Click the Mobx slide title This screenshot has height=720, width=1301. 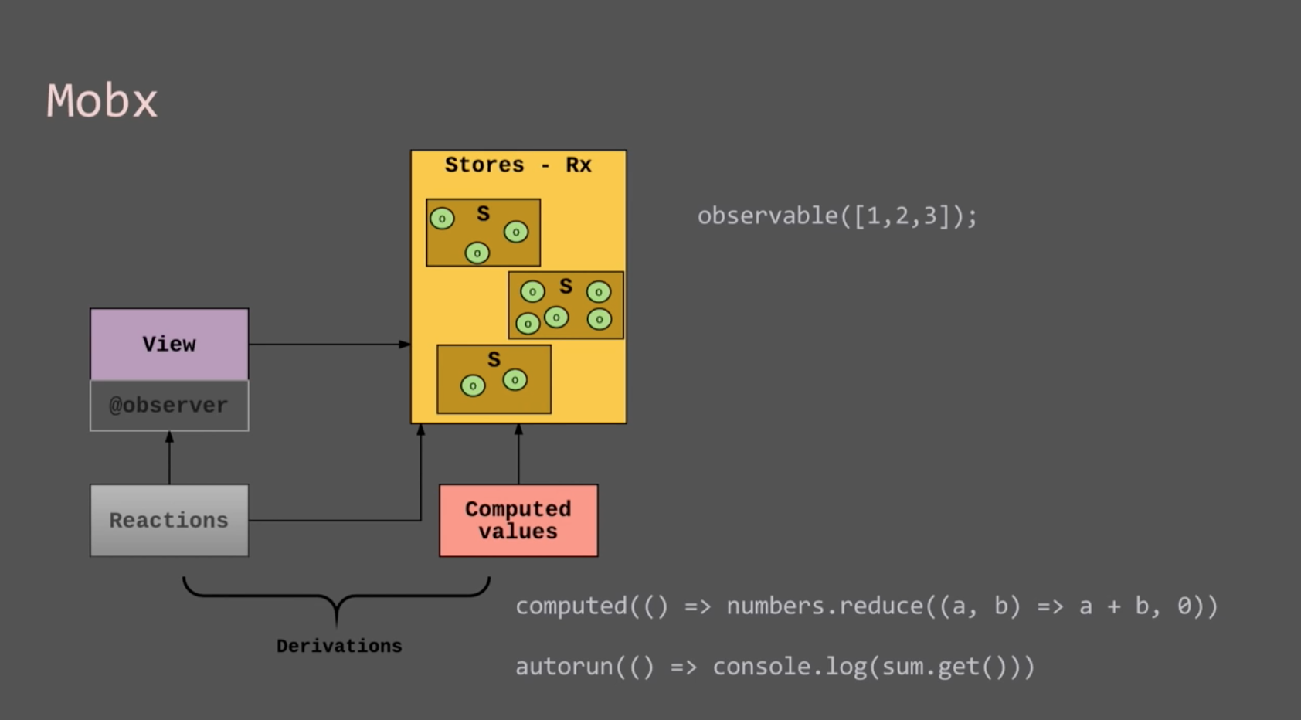coord(102,101)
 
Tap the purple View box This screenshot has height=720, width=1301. coord(169,344)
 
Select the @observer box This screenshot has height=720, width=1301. coord(169,406)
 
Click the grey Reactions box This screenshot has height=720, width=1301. coord(169,520)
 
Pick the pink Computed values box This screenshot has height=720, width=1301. coord(518,520)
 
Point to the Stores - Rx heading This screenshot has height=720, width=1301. coord(518,165)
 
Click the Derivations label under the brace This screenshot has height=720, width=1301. coord(339,646)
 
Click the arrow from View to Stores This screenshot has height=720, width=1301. coord(328,344)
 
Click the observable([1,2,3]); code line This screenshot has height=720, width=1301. coord(837,216)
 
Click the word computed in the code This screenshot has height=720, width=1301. coord(571,606)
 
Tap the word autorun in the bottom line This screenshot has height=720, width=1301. coord(564,666)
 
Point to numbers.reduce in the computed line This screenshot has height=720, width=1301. coord(824,606)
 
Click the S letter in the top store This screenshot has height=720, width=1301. coord(484,213)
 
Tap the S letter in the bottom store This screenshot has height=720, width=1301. coord(494,359)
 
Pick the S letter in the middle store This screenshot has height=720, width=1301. coord(566,287)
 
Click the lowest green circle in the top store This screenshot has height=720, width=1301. coord(477,253)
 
